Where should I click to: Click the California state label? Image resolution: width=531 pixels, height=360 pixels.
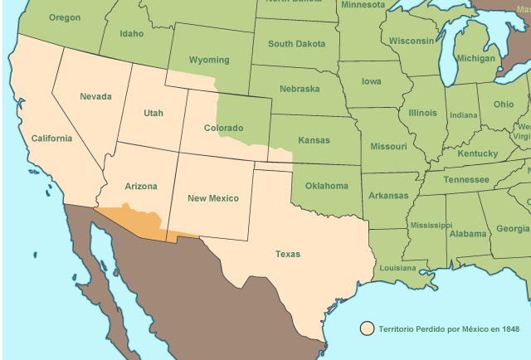(x=51, y=139)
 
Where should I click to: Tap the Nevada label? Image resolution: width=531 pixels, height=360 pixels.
(x=95, y=96)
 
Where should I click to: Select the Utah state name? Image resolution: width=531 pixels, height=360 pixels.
(x=153, y=113)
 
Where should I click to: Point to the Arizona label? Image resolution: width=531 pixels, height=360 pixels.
(x=140, y=187)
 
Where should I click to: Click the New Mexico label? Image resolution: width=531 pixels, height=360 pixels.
(x=212, y=198)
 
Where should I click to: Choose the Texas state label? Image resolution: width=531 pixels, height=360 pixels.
(x=288, y=254)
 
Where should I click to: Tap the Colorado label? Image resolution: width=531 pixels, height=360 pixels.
(x=224, y=128)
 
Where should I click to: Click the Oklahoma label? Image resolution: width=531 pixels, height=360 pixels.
(x=327, y=186)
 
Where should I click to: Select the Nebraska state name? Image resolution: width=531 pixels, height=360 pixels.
(x=300, y=88)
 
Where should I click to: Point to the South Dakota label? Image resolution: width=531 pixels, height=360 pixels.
(x=296, y=43)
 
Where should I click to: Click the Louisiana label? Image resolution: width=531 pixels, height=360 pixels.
(x=397, y=268)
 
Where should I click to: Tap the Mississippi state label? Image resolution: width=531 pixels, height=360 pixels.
(x=429, y=225)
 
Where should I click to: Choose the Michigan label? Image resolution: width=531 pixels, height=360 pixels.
(x=476, y=59)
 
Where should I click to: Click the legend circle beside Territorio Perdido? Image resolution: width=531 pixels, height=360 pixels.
(x=367, y=329)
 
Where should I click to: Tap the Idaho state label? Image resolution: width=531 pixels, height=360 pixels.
(x=132, y=34)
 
